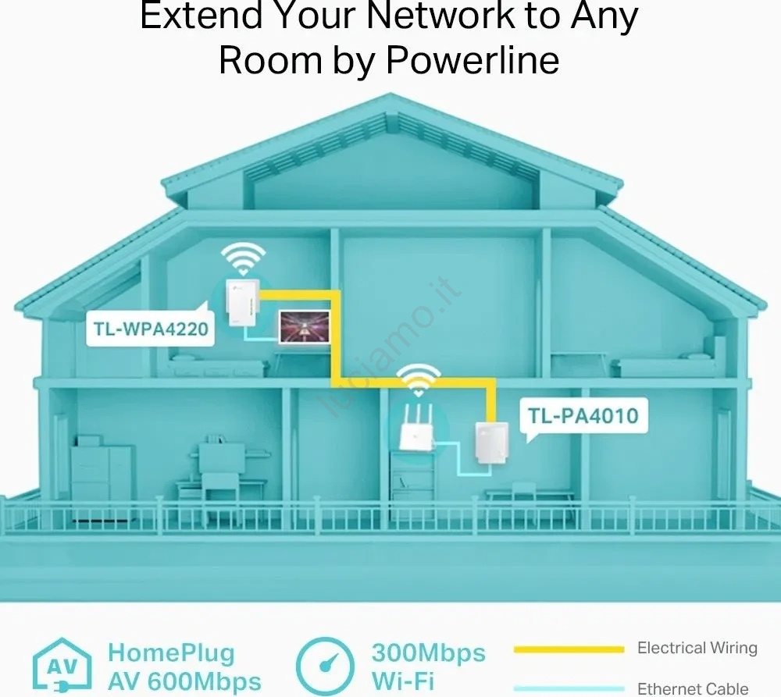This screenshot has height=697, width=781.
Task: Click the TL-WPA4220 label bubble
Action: (x=150, y=328)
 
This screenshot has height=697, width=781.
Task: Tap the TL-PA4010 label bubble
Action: (x=583, y=416)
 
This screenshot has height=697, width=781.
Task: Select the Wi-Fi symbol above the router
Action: (x=419, y=380)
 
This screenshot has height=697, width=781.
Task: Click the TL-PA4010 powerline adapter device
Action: (x=491, y=443)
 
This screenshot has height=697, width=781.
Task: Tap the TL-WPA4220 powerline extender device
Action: (x=242, y=303)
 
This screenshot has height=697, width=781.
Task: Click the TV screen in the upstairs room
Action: (x=305, y=326)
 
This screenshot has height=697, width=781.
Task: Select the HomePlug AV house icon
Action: (x=62, y=666)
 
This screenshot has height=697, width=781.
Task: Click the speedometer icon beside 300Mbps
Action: (x=325, y=666)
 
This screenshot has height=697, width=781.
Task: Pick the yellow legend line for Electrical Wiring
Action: (x=569, y=649)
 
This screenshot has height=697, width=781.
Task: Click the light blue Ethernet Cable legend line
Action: (x=569, y=689)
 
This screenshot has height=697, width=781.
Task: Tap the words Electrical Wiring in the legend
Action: (x=697, y=648)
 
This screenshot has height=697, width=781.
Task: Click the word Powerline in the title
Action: (x=473, y=60)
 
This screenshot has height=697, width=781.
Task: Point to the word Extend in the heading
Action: (x=201, y=15)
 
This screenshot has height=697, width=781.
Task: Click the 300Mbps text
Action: (x=428, y=653)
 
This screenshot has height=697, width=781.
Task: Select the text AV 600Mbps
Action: (x=184, y=681)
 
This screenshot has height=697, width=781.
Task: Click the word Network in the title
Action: (x=440, y=15)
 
